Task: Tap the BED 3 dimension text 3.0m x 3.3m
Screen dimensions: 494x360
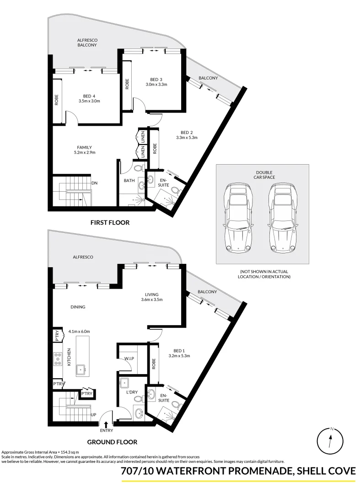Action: tap(156, 84)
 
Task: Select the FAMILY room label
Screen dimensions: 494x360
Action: tap(84, 147)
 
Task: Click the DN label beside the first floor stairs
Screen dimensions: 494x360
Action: tap(94, 183)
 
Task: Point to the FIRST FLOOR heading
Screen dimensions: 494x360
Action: tap(110, 223)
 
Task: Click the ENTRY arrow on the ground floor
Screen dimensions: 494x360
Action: tap(106, 424)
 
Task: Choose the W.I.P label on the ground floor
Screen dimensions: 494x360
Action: tap(129, 358)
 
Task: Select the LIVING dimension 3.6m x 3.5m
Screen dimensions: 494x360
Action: tap(152, 300)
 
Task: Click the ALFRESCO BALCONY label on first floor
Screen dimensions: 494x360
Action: tap(87, 43)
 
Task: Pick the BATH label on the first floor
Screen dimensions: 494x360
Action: tap(129, 180)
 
